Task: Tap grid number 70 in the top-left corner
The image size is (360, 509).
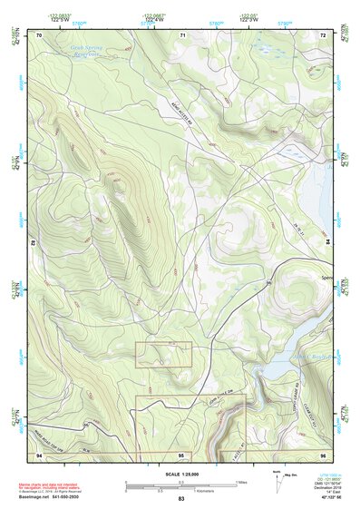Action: point(39,34)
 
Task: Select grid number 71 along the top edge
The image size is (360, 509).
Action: point(182,34)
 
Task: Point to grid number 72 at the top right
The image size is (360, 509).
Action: point(323,34)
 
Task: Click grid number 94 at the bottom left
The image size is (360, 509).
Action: point(39,454)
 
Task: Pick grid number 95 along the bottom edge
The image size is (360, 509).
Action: point(181,454)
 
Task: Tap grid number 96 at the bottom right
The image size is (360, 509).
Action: point(323,454)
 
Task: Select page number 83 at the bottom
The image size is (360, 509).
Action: point(181,499)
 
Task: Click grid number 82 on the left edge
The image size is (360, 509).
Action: point(35,244)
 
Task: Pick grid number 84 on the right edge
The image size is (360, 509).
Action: point(327,244)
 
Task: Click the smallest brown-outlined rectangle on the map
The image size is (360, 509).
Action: point(163,354)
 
